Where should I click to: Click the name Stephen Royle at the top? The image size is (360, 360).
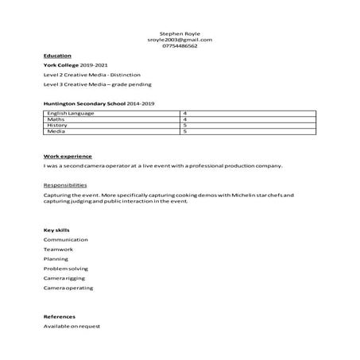pyautogui.click(x=180, y=33)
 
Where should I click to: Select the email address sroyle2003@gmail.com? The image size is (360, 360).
pyautogui.click(x=180, y=40)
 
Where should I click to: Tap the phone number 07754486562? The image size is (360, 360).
pyautogui.click(x=180, y=46)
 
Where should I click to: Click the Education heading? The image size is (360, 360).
pyautogui.click(x=57, y=56)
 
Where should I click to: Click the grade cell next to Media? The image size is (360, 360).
pyautogui.click(x=184, y=130)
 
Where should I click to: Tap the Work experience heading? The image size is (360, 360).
pyautogui.click(x=68, y=156)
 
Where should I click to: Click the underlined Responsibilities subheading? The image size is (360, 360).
pyautogui.click(x=66, y=184)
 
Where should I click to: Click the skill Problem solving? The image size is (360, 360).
pyautogui.click(x=67, y=268)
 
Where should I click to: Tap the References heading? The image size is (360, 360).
pyautogui.click(x=59, y=316)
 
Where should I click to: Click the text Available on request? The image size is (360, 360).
pyautogui.click(x=72, y=327)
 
